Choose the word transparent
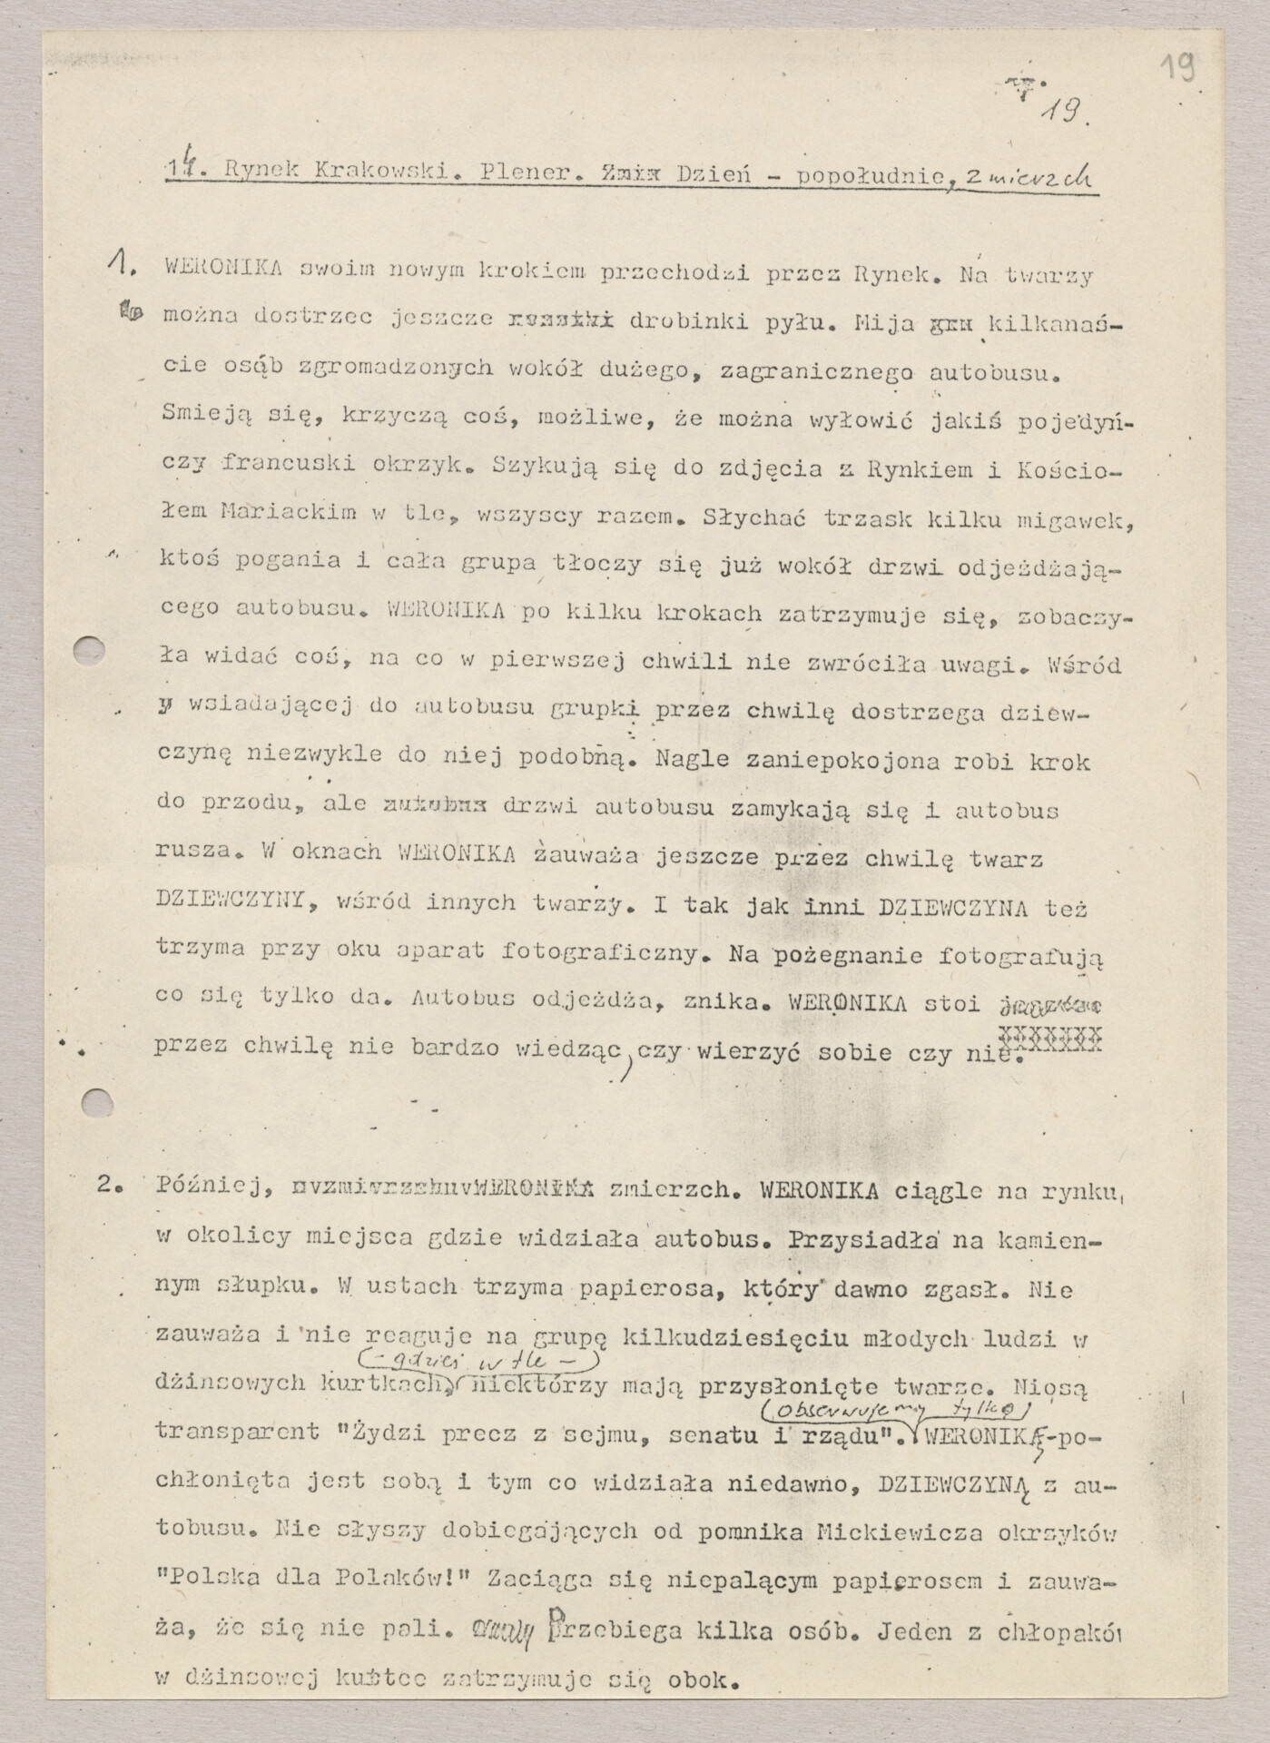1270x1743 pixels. (x=239, y=1432)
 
